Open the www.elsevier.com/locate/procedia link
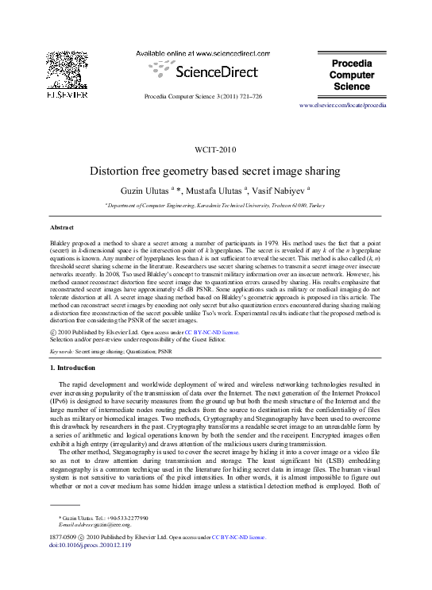343,105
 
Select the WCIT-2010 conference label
215,148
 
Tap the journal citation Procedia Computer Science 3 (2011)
202,96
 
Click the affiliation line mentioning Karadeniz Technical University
215,206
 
